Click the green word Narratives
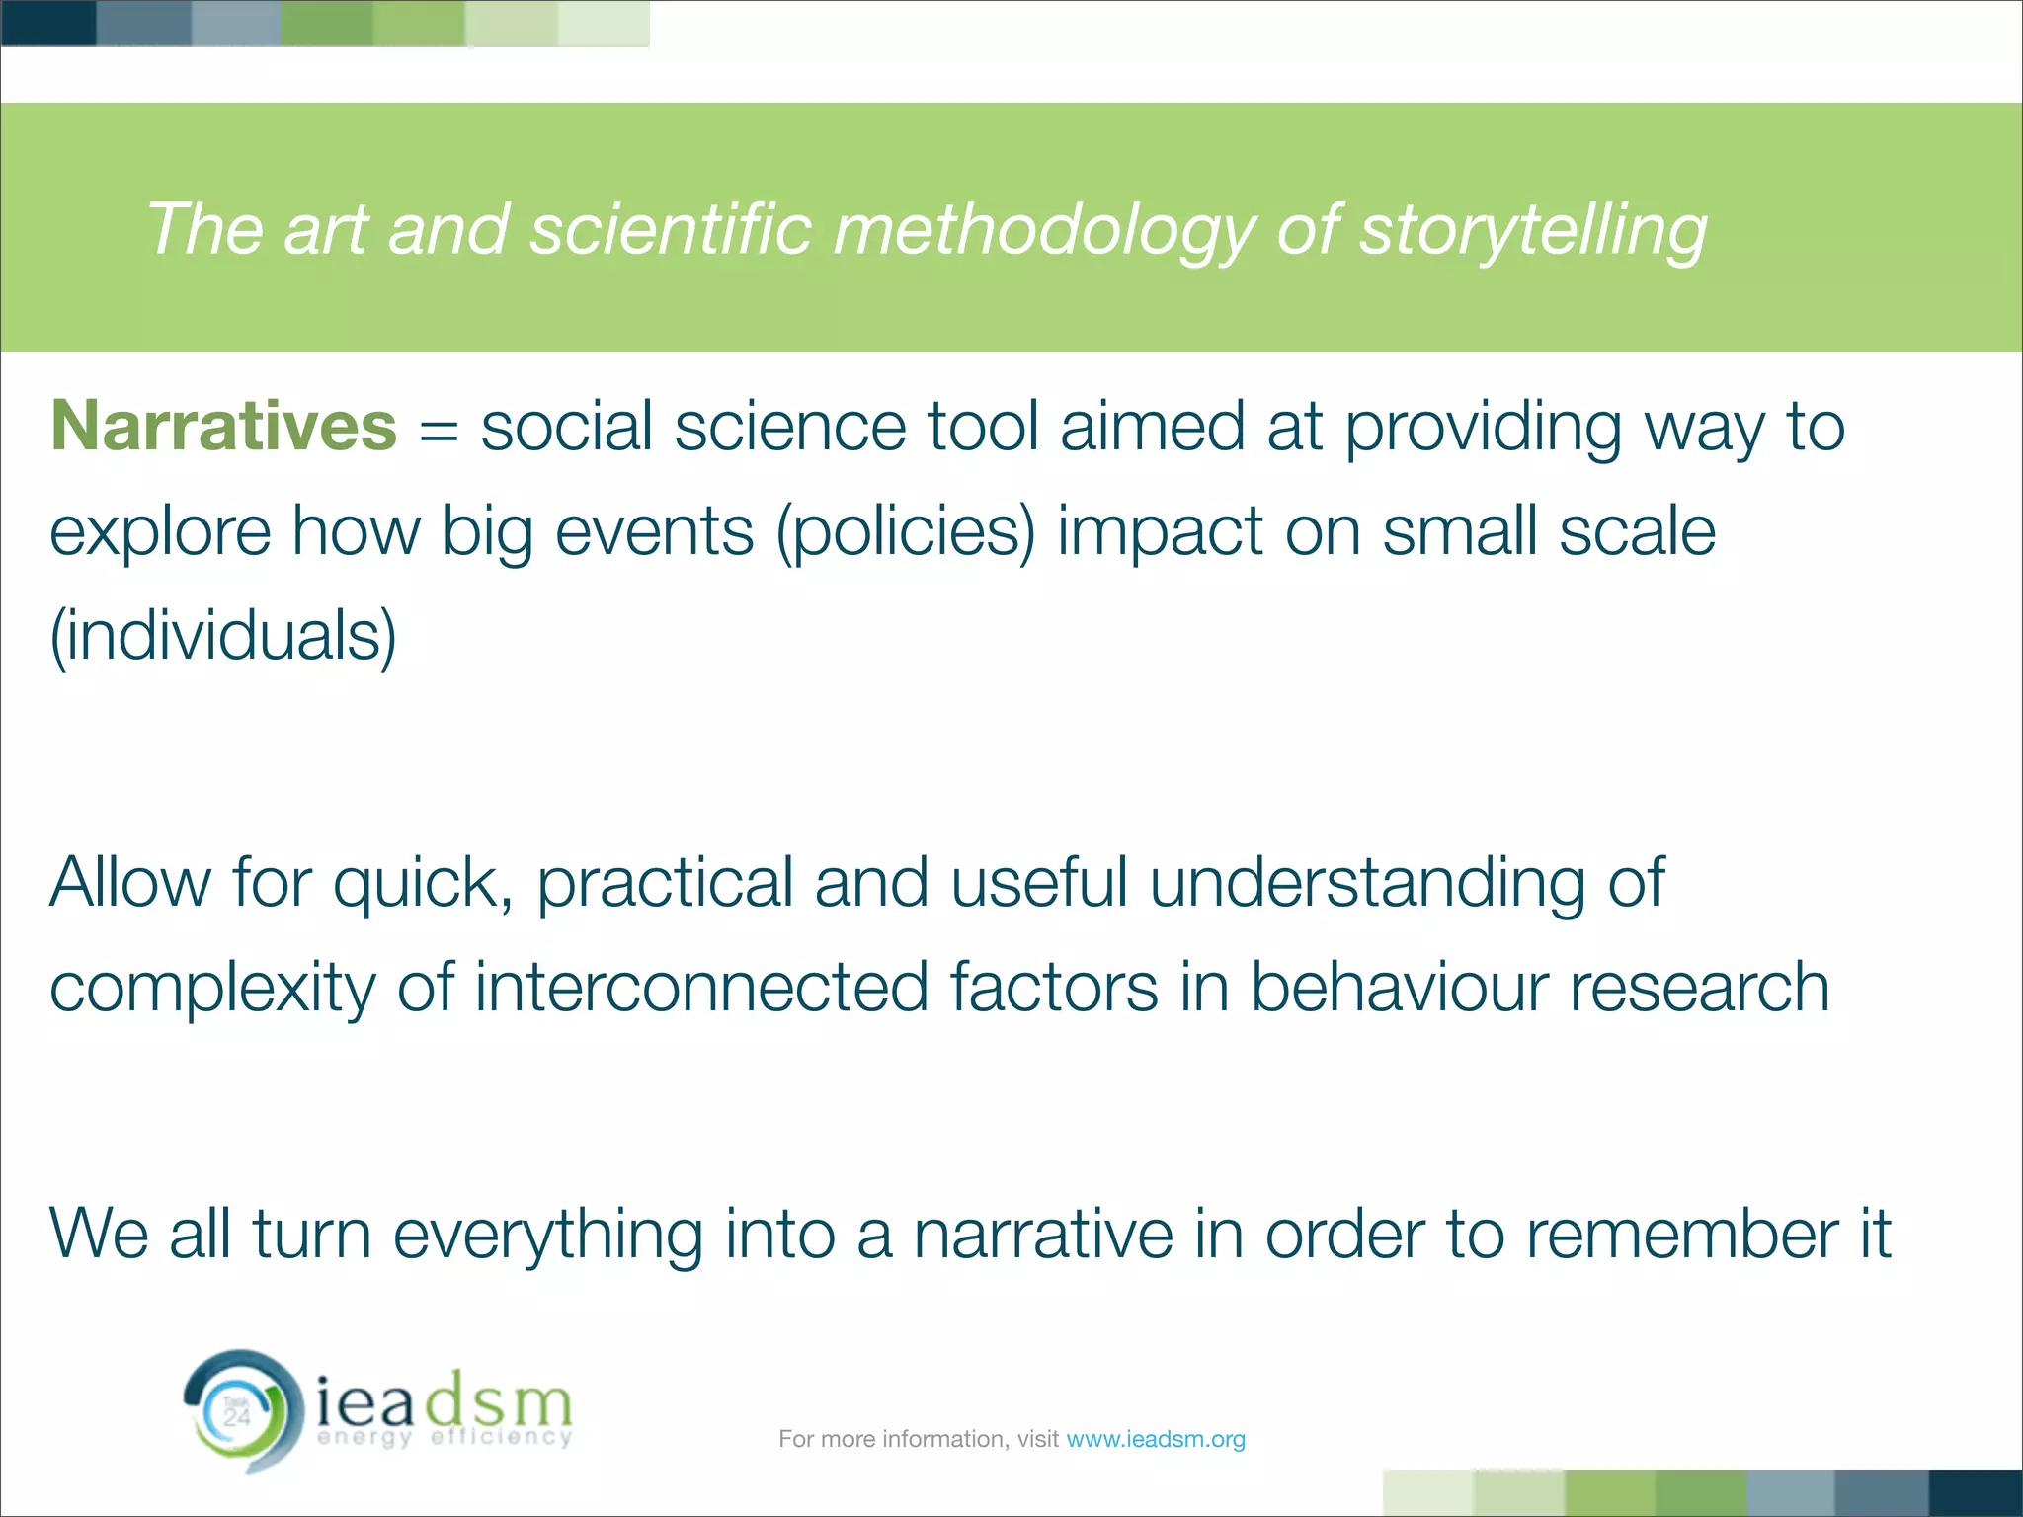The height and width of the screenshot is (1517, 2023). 223,427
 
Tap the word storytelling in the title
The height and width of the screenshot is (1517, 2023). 1532,230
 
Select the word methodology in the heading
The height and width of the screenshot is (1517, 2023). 1042,230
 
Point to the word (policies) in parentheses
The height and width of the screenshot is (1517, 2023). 906,532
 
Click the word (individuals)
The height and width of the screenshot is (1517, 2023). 223,635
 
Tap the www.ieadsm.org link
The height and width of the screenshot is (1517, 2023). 1155,1439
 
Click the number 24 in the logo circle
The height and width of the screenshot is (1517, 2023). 237,1418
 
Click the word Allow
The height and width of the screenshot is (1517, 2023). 130,882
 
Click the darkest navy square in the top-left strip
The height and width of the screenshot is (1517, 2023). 47,23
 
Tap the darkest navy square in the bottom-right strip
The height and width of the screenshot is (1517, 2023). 1976,1492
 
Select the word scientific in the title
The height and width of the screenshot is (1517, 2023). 671,230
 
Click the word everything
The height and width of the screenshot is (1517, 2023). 548,1235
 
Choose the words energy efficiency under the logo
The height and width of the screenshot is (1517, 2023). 445,1437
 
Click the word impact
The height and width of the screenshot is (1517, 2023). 1161,532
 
